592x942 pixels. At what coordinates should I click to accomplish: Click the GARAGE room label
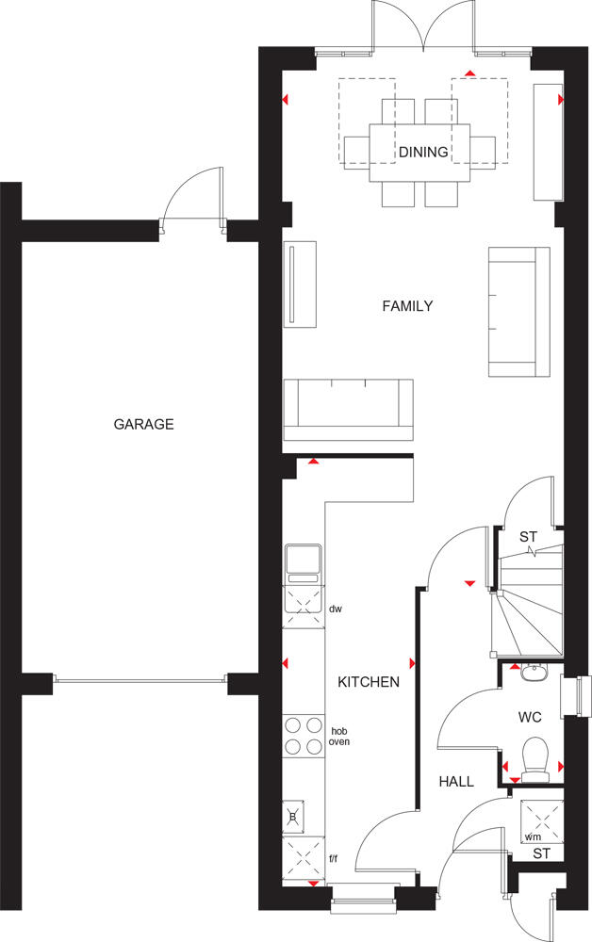(x=143, y=424)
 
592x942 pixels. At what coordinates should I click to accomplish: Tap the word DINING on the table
(x=423, y=152)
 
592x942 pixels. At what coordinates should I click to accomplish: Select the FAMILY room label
(x=407, y=306)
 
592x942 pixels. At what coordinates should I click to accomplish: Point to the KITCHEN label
(x=369, y=682)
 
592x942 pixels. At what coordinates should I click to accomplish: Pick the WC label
(x=530, y=718)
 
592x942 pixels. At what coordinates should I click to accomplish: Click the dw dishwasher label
(x=335, y=609)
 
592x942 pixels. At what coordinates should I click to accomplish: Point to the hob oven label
(x=338, y=736)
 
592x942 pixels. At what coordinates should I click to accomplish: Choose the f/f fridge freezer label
(x=333, y=858)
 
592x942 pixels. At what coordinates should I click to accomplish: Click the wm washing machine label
(x=534, y=836)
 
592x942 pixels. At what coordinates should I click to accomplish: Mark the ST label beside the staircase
(x=529, y=537)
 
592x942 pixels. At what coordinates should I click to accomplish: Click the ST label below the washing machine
(x=540, y=854)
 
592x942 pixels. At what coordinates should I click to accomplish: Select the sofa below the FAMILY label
(x=349, y=410)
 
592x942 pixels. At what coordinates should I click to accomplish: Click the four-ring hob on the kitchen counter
(x=303, y=736)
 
